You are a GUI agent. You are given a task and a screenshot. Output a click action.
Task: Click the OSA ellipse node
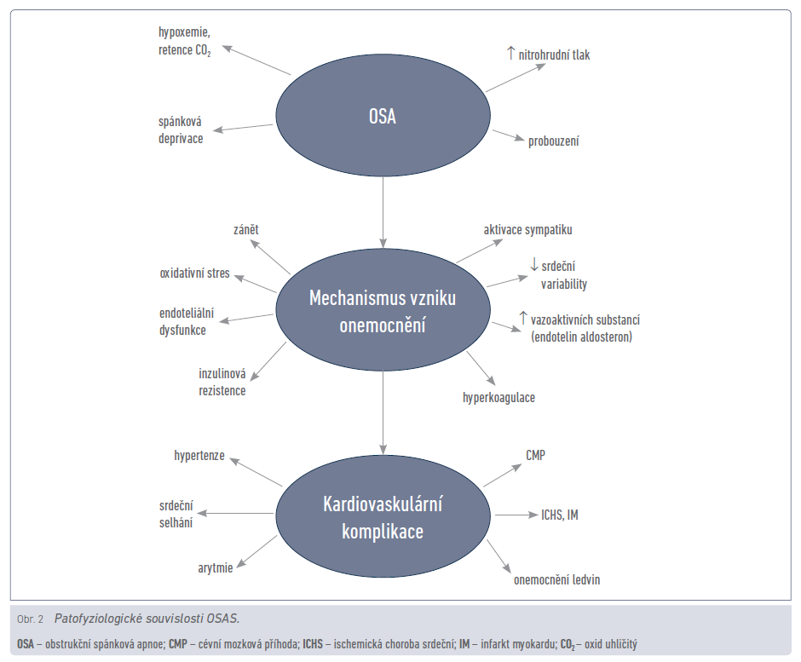coord(383,116)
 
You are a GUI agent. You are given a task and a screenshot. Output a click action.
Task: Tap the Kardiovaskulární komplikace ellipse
coord(383,516)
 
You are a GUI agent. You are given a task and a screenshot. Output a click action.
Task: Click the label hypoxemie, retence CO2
coord(184,40)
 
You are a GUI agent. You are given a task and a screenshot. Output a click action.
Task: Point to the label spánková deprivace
coord(181,130)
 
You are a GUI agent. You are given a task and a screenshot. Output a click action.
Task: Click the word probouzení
coord(553,141)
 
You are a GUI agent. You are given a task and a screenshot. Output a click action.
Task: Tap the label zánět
coord(247,230)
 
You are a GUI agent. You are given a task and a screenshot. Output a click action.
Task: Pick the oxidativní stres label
coord(194,274)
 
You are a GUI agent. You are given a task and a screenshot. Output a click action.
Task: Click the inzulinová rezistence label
coord(223,383)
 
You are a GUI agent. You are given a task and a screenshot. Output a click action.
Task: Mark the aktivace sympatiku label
coord(528,230)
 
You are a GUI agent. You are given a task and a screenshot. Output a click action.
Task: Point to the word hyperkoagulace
coord(498,397)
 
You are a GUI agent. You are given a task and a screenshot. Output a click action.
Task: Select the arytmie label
coord(216,567)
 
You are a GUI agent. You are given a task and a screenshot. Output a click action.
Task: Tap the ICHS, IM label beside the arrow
coord(560,515)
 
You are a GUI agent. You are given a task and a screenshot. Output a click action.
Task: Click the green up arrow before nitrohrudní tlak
coord(511,54)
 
